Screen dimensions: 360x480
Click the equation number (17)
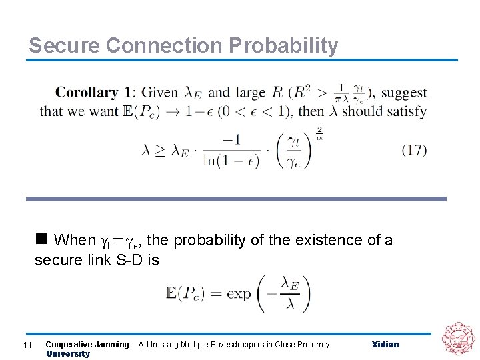point(414,150)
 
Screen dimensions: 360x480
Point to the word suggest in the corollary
point(403,93)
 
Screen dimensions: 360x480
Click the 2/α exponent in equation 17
point(319,133)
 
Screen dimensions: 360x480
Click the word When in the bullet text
point(75,240)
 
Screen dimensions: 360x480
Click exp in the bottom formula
point(239,294)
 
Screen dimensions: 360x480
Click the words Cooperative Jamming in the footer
point(88,345)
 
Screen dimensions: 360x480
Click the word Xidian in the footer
point(385,345)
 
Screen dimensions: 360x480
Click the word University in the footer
point(67,354)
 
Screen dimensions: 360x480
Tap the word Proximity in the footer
point(311,345)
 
